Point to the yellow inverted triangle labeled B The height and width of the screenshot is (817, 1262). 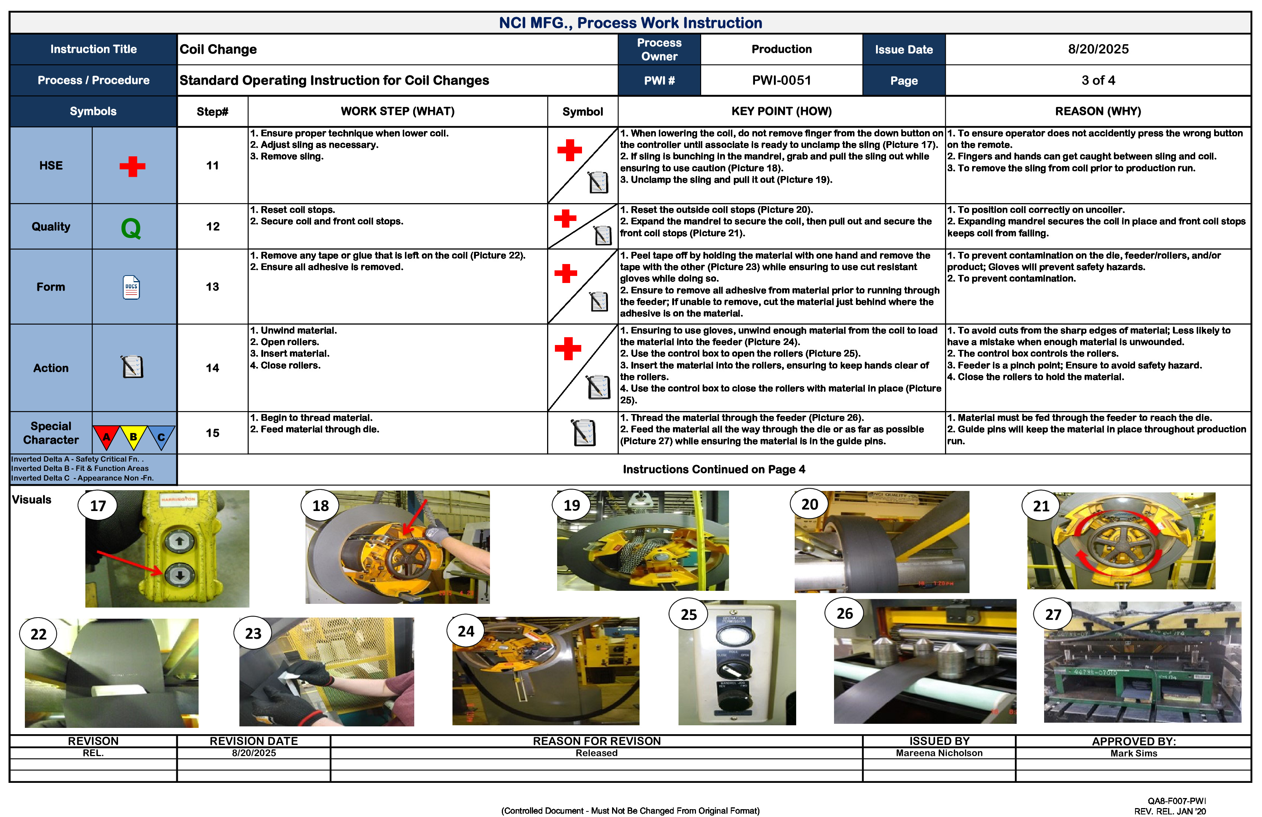click(133, 437)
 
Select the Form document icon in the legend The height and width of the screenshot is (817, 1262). click(131, 287)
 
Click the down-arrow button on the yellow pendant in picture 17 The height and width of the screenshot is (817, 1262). click(179, 574)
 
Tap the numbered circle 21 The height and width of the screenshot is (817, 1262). click(1041, 506)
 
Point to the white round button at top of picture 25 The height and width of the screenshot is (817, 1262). click(734, 635)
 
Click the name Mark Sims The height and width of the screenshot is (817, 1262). click(1134, 753)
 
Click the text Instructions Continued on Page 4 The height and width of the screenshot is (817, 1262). click(714, 469)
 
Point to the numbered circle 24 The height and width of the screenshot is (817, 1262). click(465, 631)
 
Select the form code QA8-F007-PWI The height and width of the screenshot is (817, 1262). click(1176, 801)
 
